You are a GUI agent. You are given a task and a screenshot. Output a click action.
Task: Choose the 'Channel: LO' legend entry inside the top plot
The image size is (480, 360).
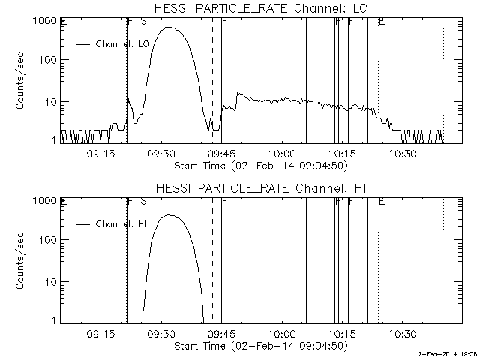pyautogui.click(x=123, y=44)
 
